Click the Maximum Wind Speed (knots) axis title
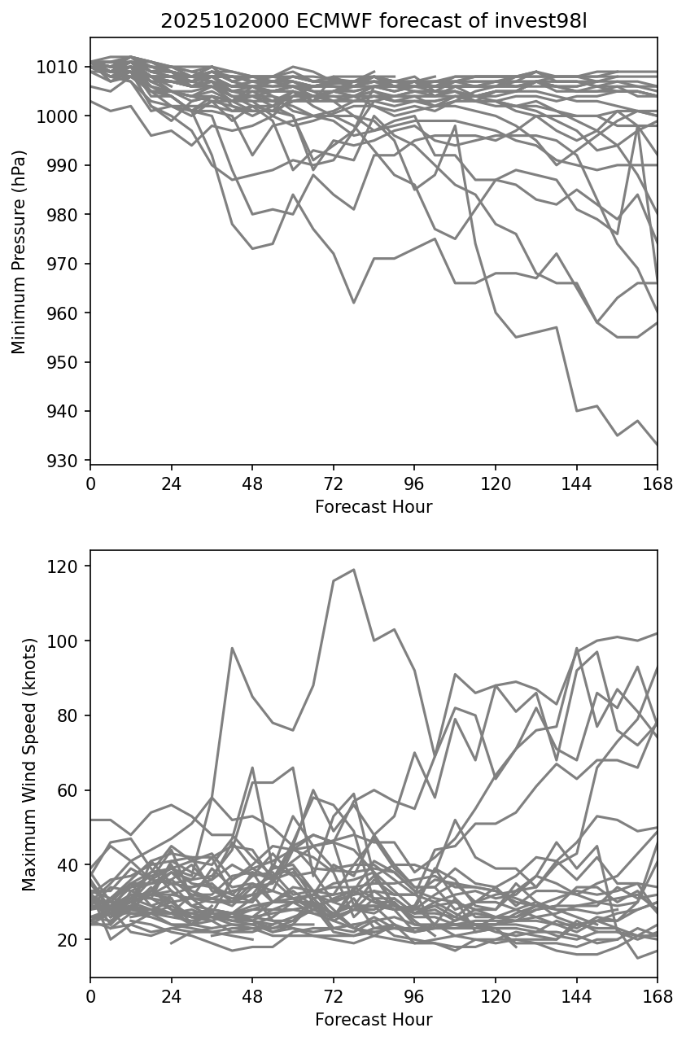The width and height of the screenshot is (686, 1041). (29, 763)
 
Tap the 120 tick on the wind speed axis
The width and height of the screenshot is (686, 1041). (68, 566)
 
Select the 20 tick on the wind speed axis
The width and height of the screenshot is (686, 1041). (71, 939)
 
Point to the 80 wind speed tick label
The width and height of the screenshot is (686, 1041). (71, 715)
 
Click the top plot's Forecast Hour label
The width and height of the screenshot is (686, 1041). (374, 507)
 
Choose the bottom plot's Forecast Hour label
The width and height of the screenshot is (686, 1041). (374, 1019)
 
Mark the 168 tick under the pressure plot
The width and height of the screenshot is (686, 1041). (658, 483)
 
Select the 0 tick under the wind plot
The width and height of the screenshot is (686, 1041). (90, 995)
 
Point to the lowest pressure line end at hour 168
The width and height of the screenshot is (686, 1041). (657, 444)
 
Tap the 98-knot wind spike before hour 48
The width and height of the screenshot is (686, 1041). (232, 648)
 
